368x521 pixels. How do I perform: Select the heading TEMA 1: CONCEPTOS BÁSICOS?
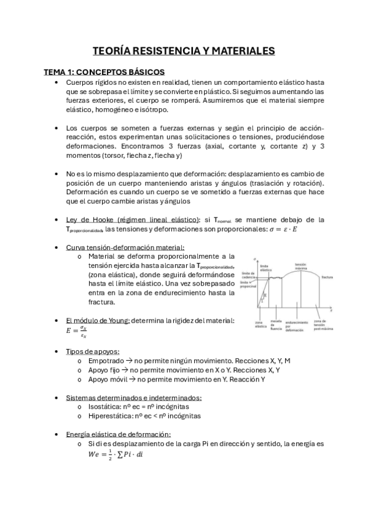99,72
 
